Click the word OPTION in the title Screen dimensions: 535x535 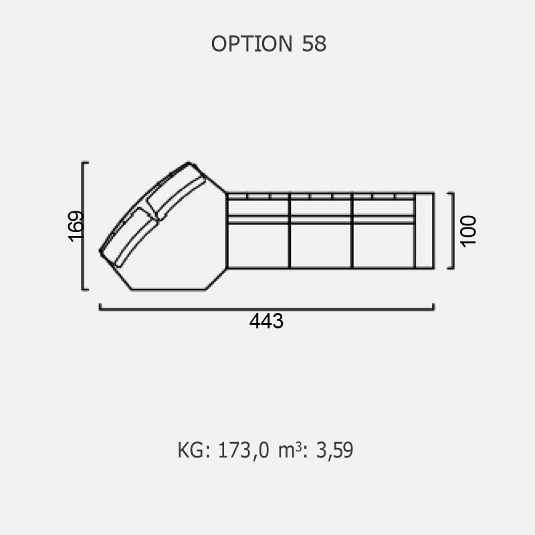pos(252,44)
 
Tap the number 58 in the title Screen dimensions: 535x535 pos(314,44)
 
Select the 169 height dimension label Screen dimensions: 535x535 pos(76,227)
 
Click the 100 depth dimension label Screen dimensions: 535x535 pos(468,231)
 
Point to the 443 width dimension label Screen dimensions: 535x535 pos(266,321)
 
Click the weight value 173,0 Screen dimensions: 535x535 pos(243,450)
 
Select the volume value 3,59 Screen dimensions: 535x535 pos(335,450)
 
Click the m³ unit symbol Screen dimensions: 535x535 pos(290,450)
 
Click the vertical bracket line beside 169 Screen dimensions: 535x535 pos(83,226)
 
